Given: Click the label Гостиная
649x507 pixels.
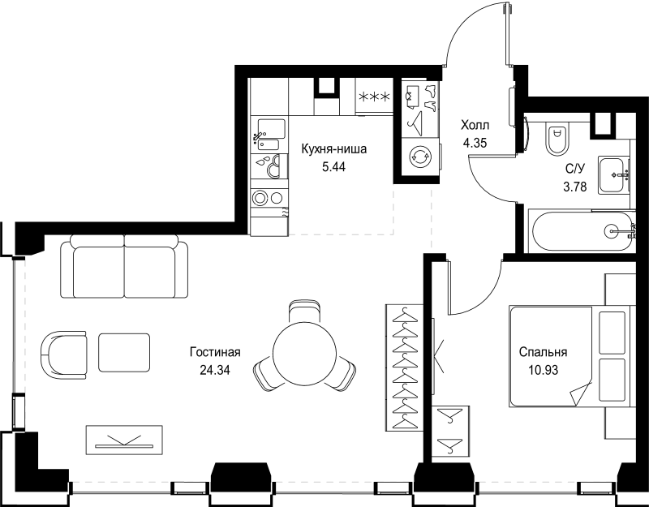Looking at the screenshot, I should (x=215, y=352).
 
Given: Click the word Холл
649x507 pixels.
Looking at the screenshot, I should (x=475, y=125).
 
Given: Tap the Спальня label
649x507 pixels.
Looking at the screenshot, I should (x=543, y=352).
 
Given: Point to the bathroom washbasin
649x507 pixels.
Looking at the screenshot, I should (x=614, y=174).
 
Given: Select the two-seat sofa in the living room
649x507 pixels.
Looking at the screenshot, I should (x=124, y=267).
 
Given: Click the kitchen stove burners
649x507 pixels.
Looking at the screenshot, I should (x=267, y=197).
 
